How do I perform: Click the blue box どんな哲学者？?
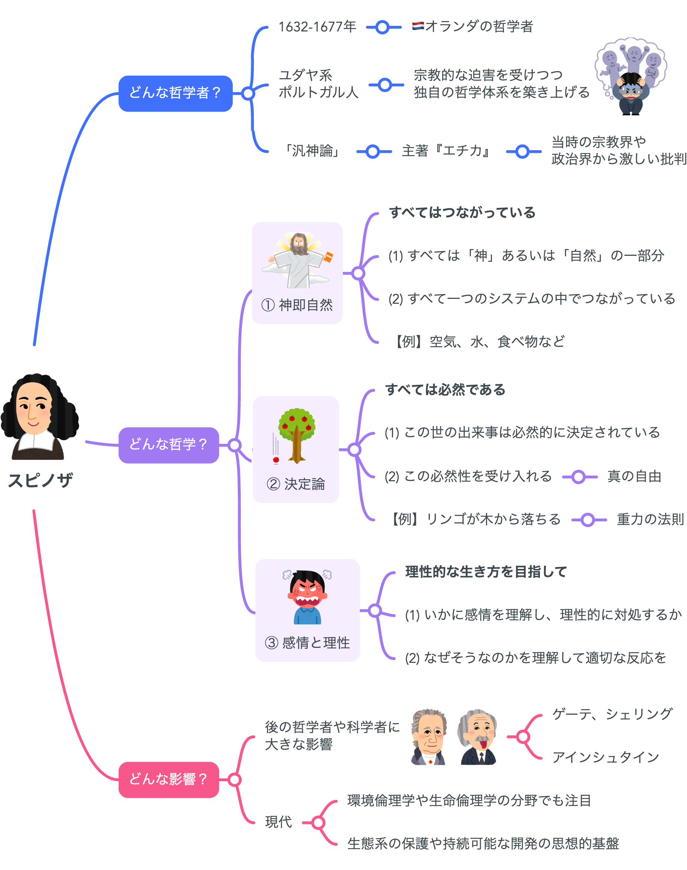point(175,93)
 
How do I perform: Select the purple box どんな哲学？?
point(168,445)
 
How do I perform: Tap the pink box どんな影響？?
point(168,779)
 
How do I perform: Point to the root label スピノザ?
point(40,480)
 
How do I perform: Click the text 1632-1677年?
point(317,27)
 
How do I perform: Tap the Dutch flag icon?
point(417,26)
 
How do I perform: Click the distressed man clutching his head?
point(631,94)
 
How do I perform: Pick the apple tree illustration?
point(297,434)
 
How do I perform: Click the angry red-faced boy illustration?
point(307,597)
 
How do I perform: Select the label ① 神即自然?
point(297,304)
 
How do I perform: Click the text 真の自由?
point(634,476)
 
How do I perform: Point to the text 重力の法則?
point(650,519)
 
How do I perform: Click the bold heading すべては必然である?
point(445,389)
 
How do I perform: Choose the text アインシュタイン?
point(605,757)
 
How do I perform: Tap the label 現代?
point(278,821)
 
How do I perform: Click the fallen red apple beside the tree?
point(276,460)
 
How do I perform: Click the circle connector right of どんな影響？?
point(234,779)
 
